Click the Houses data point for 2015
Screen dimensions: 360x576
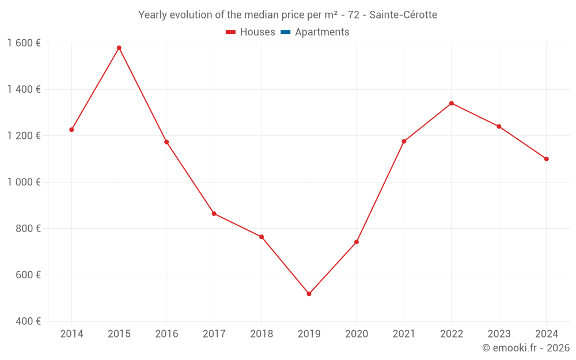click(119, 48)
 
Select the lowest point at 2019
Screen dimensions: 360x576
click(309, 294)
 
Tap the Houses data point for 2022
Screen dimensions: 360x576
click(452, 103)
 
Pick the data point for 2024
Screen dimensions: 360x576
click(547, 159)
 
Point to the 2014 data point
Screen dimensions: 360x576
click(71, 130)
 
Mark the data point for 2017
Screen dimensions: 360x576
click(214, 214)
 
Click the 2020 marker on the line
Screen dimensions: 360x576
click(357, 242)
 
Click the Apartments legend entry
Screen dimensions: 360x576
click(322, 32)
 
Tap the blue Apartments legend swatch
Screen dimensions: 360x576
click(286, 32)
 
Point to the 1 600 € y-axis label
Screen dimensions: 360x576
click(24, 43)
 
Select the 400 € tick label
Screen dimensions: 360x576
click(28, 321)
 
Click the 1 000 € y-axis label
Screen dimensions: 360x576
click(24, 182)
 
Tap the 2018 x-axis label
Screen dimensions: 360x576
click(262, 334)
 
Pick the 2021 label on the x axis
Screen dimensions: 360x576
click(404, 334)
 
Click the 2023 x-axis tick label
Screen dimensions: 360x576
click(499, 334)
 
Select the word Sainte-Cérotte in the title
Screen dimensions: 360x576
click(403, 15)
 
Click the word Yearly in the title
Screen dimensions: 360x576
click(153, 15)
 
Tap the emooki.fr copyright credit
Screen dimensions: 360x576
click(526, 348)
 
